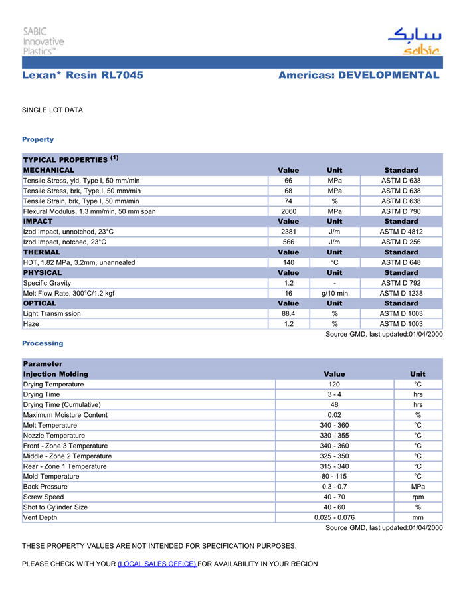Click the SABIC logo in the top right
413,41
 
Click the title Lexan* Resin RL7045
82,76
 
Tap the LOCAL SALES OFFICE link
157,564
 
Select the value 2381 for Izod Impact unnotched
288,232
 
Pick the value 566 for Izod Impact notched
288,242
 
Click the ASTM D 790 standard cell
401,211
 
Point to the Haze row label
31,324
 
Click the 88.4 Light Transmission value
288,313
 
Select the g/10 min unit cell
335,293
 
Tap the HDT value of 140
288,262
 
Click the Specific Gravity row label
47,283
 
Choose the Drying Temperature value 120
335,385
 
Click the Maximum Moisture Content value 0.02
335,415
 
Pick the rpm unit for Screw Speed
418,497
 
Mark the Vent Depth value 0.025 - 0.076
335,517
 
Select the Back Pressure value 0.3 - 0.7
335,487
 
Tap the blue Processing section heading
43,343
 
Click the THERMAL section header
42,252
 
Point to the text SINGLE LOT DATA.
53,110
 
